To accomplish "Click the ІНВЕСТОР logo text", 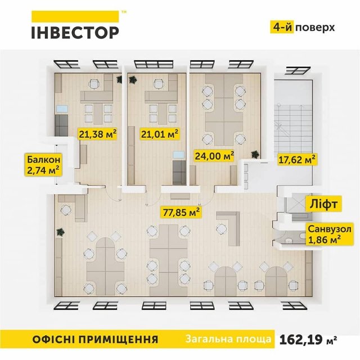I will pos(75,31).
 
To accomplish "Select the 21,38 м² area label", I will pos(97,134).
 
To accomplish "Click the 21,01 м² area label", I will pos(159,134).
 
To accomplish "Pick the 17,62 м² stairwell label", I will pos(296,160).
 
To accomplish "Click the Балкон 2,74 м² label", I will pos(42,164).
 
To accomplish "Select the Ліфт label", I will pos(323,204).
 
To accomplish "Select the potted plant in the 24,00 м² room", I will pos(255,152).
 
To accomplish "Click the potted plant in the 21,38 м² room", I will pos(119,80).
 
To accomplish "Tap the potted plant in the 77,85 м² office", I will pos(60,231).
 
